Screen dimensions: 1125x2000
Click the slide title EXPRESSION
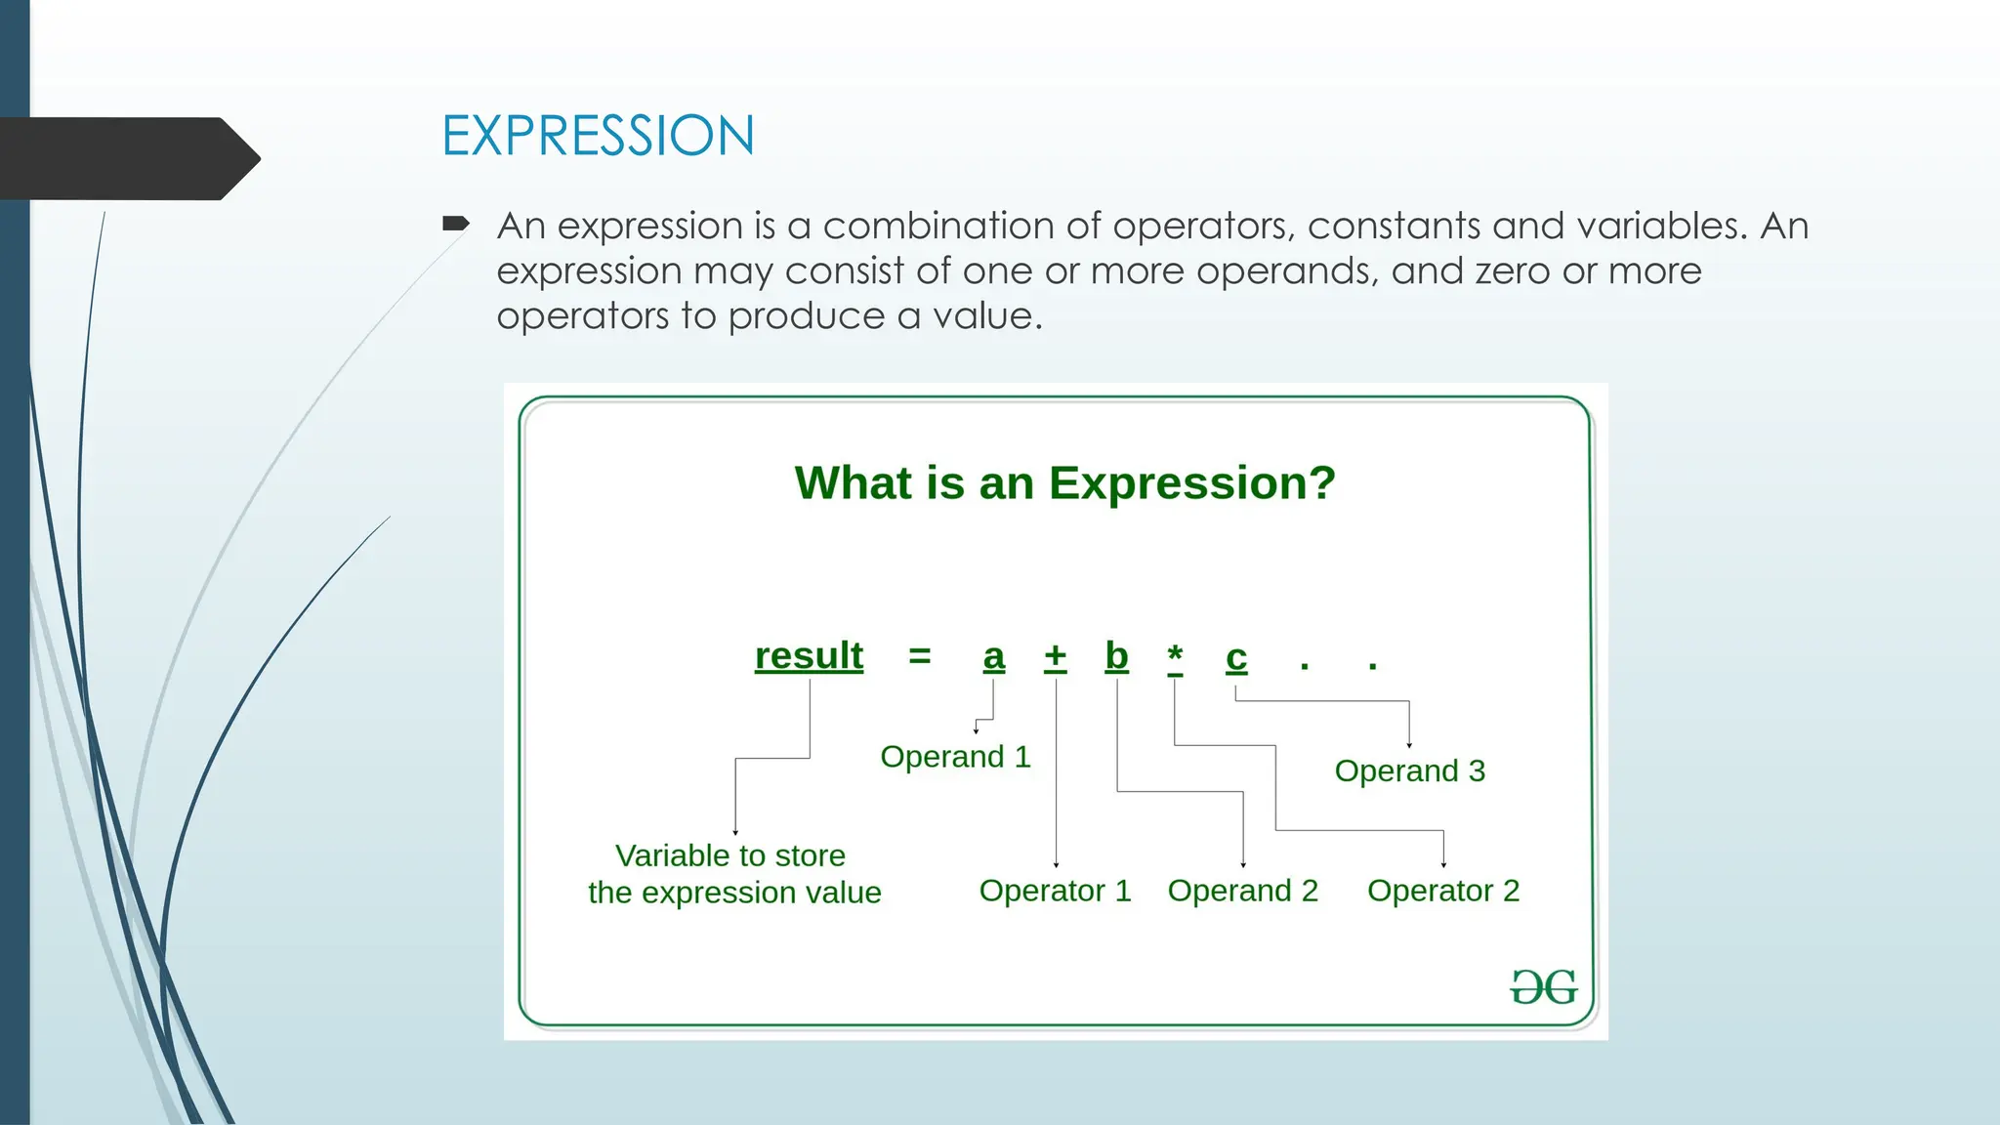pyautogui.click(x=598, y=136)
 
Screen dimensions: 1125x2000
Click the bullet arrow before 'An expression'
pyautogui.click(x=455, y=225)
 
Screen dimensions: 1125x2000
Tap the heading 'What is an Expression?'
pyautogui.click(x=1064, y=482)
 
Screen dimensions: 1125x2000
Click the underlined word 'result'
pyautogui.click(x=809, y=655)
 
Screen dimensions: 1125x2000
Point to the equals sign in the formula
pyautogui.click(x=919, y=655)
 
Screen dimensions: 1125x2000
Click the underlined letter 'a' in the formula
pyautogui.click(x=993, y=657)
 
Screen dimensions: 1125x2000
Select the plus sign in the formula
pyautogui.click(x=1055, y=655)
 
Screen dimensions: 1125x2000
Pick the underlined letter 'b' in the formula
pyautogui.click(x=1116, y=655)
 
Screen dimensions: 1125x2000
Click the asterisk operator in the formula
pyautogui.click(x=1175, y=655)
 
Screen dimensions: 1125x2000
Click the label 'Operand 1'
pyautogui.click(x=955, y=757)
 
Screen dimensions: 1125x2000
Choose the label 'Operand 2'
pyautogui.click(x=1242, y=891)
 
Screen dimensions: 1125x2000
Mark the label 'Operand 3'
pyautogui.click(x=1409, y=771)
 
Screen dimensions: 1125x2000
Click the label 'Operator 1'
pyautogui.click(x=1055, y=891)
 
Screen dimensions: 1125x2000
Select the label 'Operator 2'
pyautogui.click(x=1443, y=891)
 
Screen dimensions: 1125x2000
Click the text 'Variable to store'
pyautogui.click(x=729, y=855)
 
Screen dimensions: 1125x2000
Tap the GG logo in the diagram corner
pyautogui.click(x=1543, y=987)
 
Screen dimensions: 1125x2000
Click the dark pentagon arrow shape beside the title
pyautogui.click(x=127, y=158)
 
